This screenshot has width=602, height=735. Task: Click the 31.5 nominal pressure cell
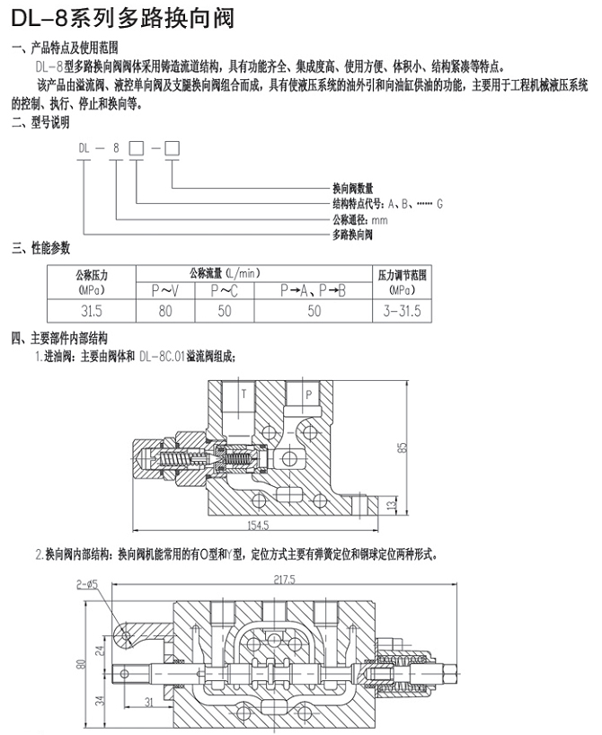click(x=92, y=311)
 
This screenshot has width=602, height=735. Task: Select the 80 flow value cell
click(x=164, y=311)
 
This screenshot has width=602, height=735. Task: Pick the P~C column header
click(x=224, y=290)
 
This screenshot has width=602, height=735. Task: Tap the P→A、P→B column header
click(x=314, y=290)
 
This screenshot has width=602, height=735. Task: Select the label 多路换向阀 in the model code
click(x=352, y=235)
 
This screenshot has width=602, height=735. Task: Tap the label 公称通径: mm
click(x=359, y=219)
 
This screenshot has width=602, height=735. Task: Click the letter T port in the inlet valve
click(x=242, y=393)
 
